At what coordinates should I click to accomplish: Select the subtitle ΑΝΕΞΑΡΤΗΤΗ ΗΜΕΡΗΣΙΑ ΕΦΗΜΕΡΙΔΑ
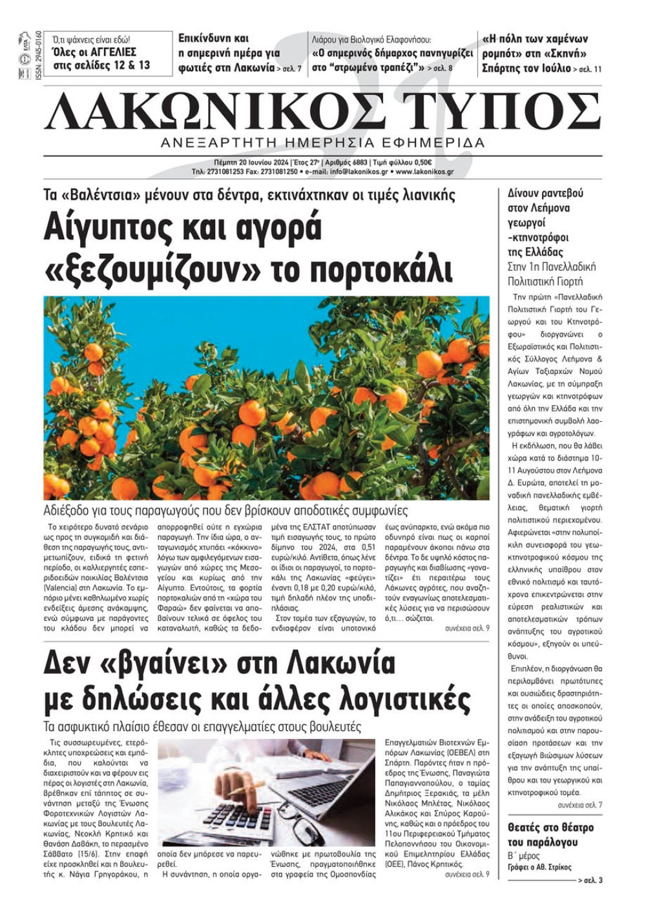pyautogui.click(x=323, y=143)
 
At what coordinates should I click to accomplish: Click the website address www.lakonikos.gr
pyautogui.click(x=424, y=172)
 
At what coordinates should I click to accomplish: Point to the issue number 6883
pyautogui.click(x=356, y=163)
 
